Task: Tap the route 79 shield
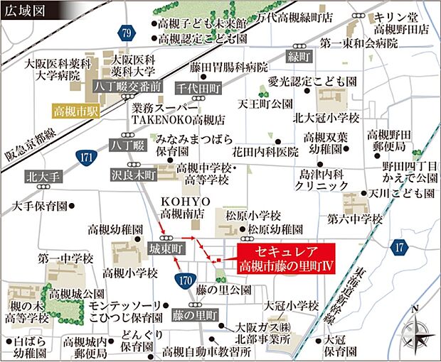click(x=127, y=33)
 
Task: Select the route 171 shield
click(x=84, y=155)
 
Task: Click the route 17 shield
click(x=399, y=246)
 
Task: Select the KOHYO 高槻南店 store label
click(x=182, y=207)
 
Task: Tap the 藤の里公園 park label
click(x=223, y=291)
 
